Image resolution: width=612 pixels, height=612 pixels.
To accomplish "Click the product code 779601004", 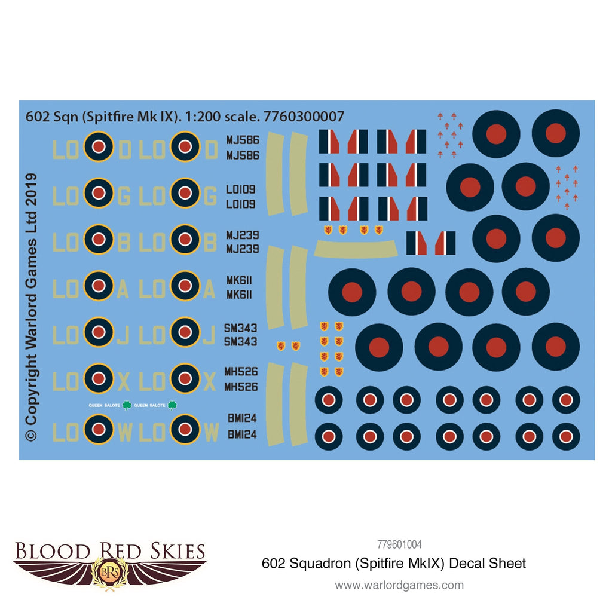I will pos(399,544).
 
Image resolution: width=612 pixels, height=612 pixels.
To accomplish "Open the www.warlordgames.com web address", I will pos(399,585).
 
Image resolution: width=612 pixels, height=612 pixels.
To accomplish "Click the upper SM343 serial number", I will pos(241,328).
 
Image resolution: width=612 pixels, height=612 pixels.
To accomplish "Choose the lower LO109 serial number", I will pos(241,204).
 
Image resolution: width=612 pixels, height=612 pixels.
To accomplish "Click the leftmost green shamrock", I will pos(127,405).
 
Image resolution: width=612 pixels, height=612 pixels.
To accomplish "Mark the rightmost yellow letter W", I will pos(211,433).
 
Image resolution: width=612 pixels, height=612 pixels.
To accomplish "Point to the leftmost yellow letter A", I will pos(123,290).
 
